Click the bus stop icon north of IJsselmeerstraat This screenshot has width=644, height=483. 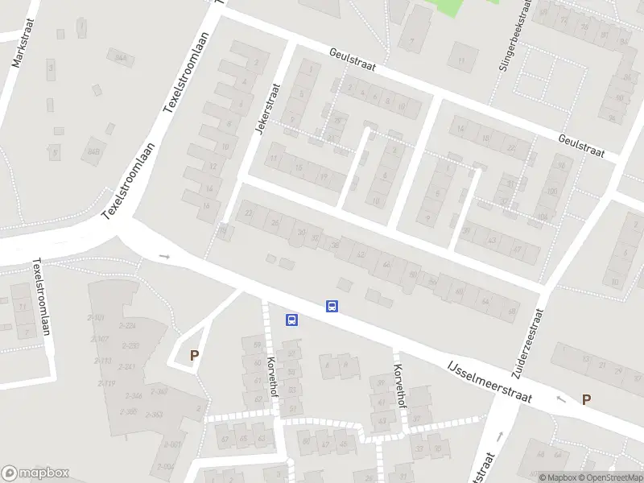pos(331,306)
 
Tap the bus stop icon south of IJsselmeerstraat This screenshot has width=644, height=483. pos(292,320)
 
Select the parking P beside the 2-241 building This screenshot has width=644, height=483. pos(193,354)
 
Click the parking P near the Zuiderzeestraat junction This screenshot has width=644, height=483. pos(586,398)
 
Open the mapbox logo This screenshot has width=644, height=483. pos(35,473)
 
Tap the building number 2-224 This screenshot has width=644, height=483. pos(126,325)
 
